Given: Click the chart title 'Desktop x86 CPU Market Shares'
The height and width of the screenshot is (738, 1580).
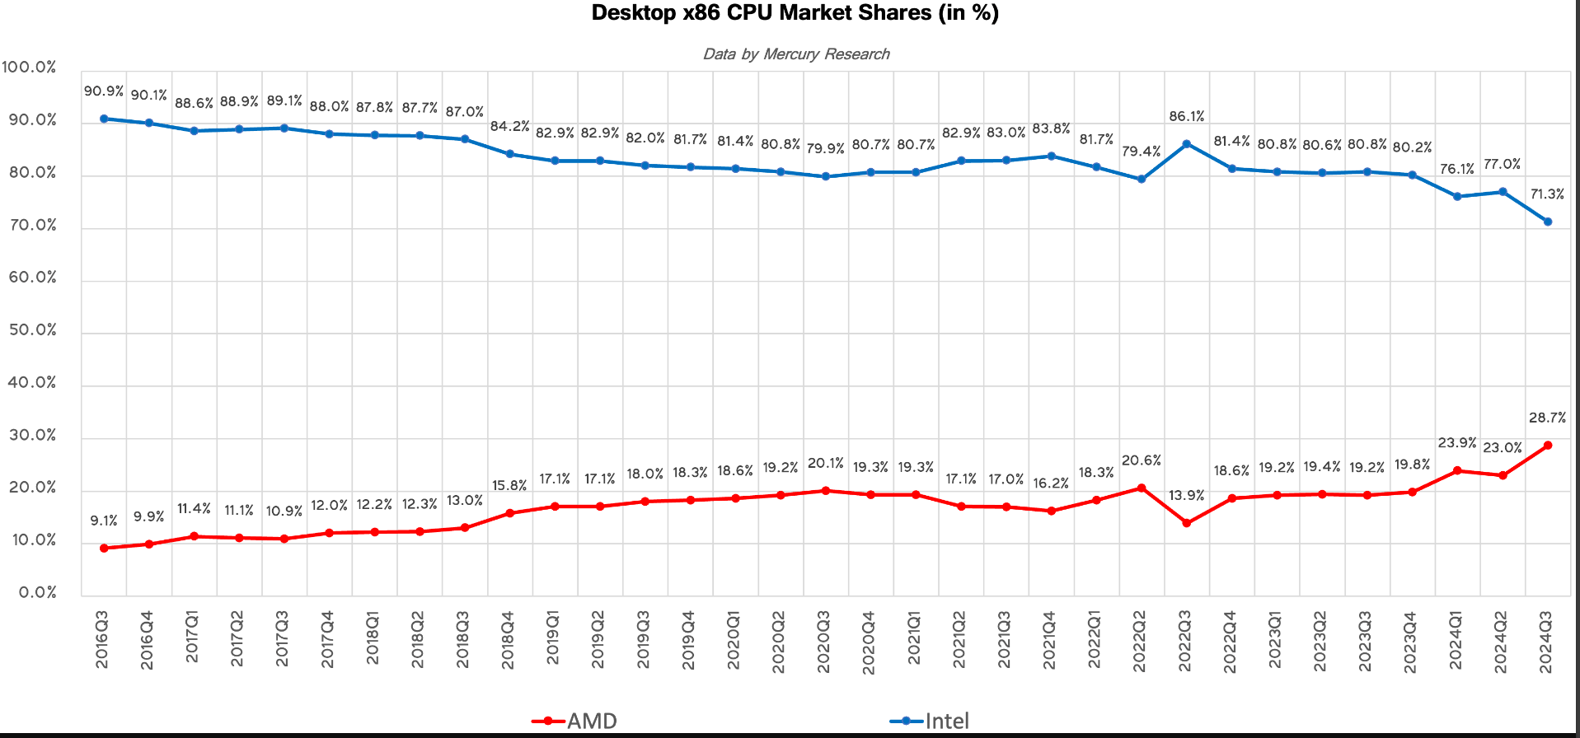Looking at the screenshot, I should [x=795, y=13].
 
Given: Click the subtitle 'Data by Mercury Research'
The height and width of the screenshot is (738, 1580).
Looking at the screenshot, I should [x=795, y=54].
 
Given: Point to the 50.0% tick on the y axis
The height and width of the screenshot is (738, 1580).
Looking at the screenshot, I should [x=33, y=330].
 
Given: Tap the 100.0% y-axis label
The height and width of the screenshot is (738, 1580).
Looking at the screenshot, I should [x=30, y=68].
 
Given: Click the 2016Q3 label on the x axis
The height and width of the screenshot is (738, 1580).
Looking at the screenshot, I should [x=102, y=639].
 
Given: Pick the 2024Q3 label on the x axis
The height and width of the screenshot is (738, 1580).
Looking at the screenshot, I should [x=1546, y=642].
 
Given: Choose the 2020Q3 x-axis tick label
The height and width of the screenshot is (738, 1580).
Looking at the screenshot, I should [x=824, y=642].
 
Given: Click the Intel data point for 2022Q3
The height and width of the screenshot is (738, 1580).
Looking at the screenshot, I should [x=1187, y=144].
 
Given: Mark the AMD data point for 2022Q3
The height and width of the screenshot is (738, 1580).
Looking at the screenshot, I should [x=1187, y=523].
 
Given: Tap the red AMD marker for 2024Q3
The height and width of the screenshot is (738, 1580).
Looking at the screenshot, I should [x=1548, y=446].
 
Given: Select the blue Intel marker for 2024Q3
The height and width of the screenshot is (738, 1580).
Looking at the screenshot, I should [x=1548, y=222].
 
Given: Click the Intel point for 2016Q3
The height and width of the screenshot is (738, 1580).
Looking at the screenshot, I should [x=104, y=119].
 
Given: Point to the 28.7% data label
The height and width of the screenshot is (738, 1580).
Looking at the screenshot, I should [x=1547, y=418].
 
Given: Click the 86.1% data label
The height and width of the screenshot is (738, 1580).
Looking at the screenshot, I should [x=1186, y=117].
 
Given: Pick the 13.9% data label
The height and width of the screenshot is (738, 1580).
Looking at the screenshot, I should [x=1186, y=496].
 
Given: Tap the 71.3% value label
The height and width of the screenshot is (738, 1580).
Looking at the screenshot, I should [x=1547, y=194].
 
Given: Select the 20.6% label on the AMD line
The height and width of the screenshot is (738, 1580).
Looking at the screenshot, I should [x=1141, y=460].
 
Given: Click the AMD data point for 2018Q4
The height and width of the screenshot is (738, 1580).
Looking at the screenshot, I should [x=509, y=513].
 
